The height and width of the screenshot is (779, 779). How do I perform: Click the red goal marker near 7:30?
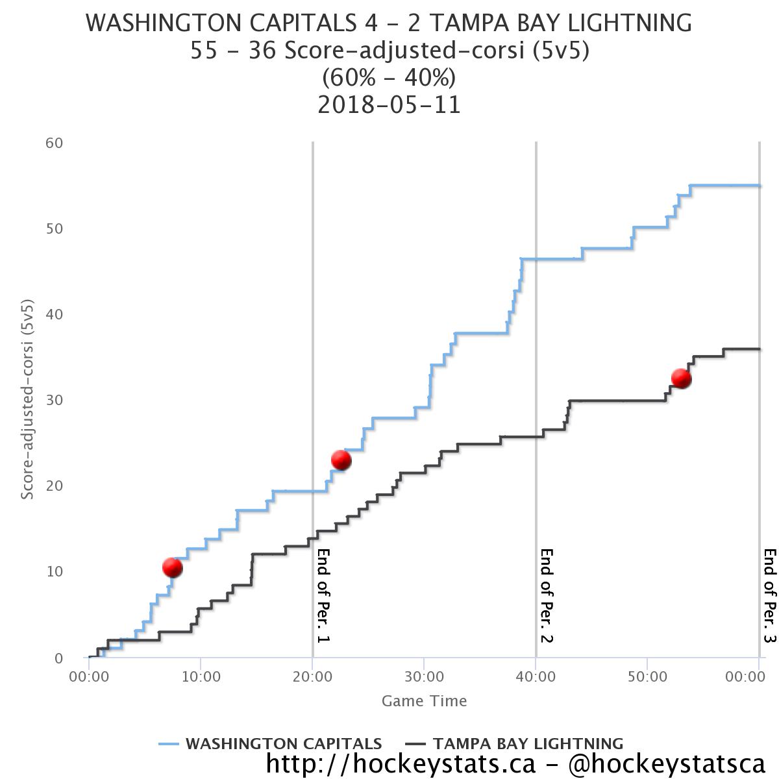pos(172,567)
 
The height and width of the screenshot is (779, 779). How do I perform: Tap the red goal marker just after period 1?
pos(341,460)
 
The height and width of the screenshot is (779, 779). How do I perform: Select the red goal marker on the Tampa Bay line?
pos(681,378)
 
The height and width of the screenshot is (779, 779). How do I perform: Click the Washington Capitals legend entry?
pos(270,743)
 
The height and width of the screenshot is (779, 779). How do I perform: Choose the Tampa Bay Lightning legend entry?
pos(514,743)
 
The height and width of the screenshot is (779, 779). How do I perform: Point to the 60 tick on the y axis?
pos(54,143)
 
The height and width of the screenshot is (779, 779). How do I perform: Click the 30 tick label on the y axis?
pos(54,401)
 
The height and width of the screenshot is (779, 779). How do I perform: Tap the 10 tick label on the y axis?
pos(54,572)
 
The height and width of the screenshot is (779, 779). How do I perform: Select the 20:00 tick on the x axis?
pos(312,676)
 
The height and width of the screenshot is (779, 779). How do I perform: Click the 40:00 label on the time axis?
pos(536,676)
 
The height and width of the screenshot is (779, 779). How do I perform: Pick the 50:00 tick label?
pos(647,676)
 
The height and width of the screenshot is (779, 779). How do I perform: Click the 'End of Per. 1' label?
pos(323,595)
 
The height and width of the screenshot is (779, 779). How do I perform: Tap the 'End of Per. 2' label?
pos(547,595)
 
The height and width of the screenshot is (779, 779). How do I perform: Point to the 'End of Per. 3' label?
pos(770,595)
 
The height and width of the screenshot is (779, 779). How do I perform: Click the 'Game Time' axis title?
pos(424,701)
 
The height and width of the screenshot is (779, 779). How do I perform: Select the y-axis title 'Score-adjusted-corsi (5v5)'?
pos(27,399)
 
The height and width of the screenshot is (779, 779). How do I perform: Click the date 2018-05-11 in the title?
pos(389,105)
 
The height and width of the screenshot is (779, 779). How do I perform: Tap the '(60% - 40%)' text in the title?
pos(389,77)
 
